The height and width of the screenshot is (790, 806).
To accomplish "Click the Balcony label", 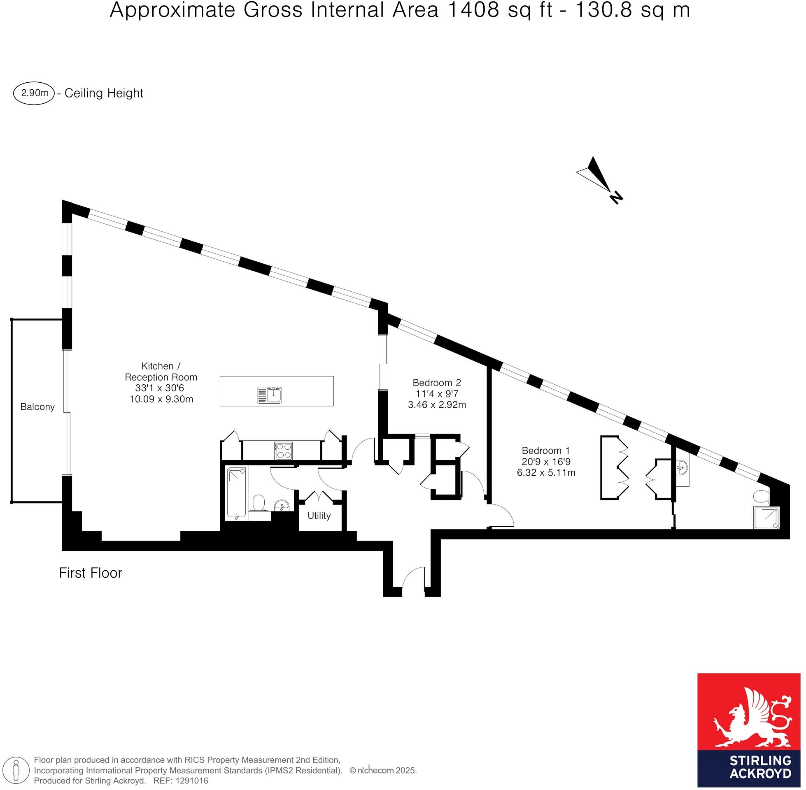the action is click(x=37, y=407).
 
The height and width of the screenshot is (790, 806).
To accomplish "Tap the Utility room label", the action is click(x=319, y=516).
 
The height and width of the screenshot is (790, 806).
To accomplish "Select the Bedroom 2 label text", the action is click(x=437, y=382).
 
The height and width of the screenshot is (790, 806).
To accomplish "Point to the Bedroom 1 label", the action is click(x=546, y=450).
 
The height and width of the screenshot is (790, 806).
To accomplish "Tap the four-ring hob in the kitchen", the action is click(x=283, y=451).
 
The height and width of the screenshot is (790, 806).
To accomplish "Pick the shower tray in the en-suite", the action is click(x=766, y=518).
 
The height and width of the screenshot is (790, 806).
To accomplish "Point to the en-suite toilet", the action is click(x=762, y=496).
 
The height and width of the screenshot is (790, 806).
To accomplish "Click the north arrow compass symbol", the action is click(x=599, y=180).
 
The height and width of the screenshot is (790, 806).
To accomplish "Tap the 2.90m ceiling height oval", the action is click(x=34, y=93).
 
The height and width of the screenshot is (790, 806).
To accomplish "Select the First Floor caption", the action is click(x=91, y=573).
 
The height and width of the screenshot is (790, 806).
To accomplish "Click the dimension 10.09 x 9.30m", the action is click(x=161, y=400).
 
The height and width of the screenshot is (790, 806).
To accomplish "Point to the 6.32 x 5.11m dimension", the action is click(x=546, y=472).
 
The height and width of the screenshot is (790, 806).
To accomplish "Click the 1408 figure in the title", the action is click(x=472, y=10).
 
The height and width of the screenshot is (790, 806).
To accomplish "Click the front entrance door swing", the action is click(x=413, y=578).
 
